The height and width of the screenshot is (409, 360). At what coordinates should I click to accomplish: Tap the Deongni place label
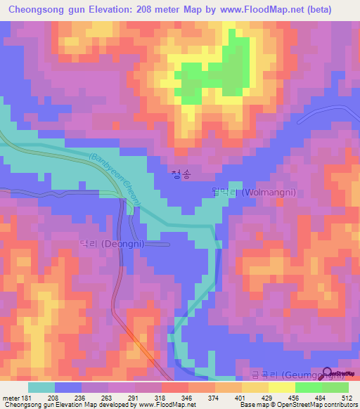click(106, 244)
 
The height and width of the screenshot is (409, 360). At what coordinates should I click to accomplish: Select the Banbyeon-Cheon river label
click(116, 180)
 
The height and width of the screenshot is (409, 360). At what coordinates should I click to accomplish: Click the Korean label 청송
click(180, 174)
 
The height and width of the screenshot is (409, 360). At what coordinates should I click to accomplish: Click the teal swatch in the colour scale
click(41, 387)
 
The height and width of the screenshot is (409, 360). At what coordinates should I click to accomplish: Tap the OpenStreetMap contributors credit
click(322, 405)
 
